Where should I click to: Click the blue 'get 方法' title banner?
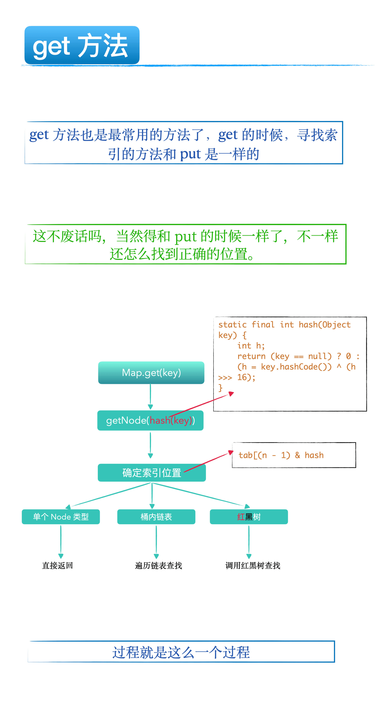[82, 45]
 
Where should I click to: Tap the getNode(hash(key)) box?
[150, 420]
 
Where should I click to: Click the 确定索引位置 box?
[152, 473]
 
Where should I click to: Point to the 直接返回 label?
[58, 565]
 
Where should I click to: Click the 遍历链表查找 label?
[159, 565]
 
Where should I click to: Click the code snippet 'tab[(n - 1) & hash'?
[281, 455]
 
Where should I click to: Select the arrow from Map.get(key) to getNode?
[150, 397]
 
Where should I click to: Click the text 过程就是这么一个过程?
[181, 652]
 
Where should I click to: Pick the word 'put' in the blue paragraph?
[191, 154]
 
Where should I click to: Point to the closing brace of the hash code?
[220, 388]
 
